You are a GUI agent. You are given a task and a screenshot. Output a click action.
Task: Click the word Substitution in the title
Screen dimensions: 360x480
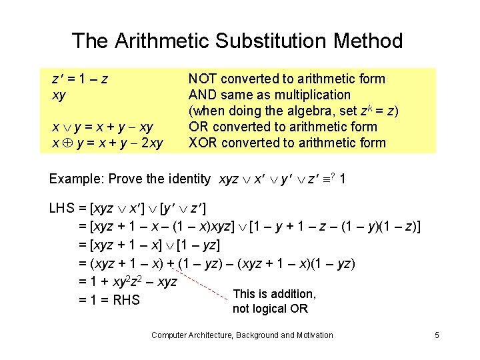coord(263,41)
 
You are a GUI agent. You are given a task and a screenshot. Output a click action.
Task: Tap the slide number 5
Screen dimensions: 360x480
coord(436,335)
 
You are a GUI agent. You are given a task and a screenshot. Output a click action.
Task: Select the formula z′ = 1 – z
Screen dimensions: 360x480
coord(81,79)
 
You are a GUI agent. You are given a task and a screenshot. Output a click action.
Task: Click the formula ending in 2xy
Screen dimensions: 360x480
coord(107,143)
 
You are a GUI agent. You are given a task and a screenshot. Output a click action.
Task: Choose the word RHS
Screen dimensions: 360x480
coord(126,300)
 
